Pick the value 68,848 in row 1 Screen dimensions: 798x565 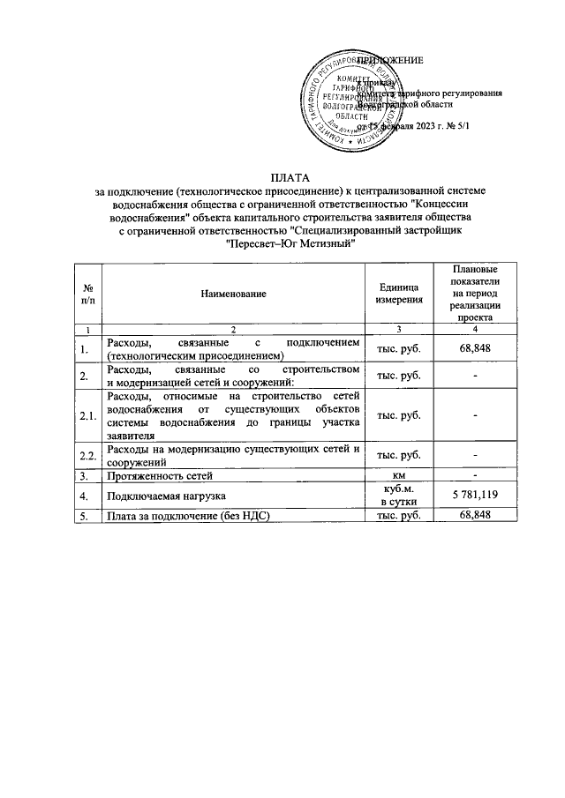(474, 348)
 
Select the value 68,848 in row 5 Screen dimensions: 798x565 (474, 514)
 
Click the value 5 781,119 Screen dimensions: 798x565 (474, 496)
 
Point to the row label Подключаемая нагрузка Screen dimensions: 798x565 (160, 496)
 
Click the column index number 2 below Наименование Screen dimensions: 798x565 (233, 329)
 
